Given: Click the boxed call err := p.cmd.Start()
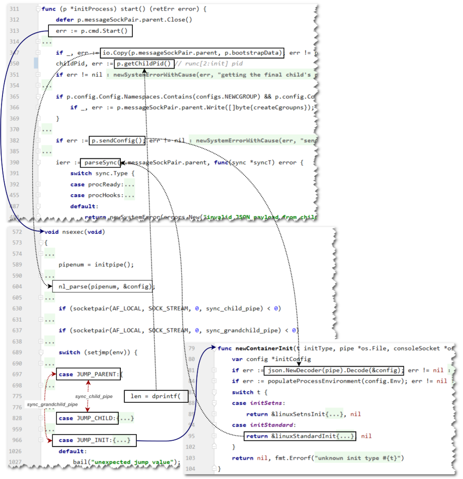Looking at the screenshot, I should [x=88, y=31].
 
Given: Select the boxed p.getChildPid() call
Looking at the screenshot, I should [x=144, y=64].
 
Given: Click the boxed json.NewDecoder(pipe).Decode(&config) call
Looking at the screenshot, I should [x=334, y=370].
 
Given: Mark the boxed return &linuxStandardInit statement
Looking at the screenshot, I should [x=300, y=436].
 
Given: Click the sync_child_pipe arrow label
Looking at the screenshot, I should [x=93, y=397].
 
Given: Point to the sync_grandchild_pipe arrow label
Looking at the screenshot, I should [x=52, y=404].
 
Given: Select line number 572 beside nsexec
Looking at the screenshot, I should [x=17, y=232].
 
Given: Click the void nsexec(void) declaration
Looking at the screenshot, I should [x=75, y=232].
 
